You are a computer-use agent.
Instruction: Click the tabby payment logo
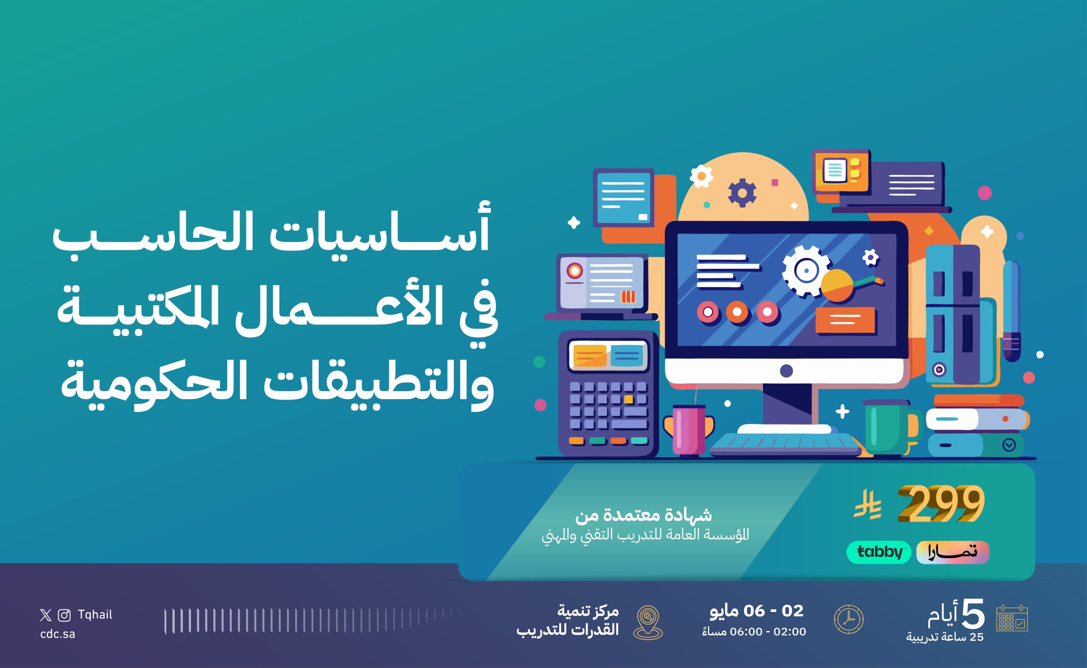pyautogui.click(x=879, y=552)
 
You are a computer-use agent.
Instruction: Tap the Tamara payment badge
pyautogui.click(x=953, y=552)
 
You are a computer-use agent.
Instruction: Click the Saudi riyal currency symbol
pyautogui.click(x=867, y=505)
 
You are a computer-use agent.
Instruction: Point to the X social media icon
pyautogui.click(x=45, y=615)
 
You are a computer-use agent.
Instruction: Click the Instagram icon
pyautogui.click(x=65, y=615)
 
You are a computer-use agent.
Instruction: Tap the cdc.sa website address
pyautogui.click(x=57, y=634)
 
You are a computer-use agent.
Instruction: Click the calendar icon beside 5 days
pyautogui.click(x=1012, y=618)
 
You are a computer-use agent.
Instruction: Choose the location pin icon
pyautogui.click(x=648, y=623)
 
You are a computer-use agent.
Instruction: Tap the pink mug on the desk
pyautogui.click(x=689, y=430)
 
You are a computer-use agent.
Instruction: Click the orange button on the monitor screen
pyautogui.click(x=845, y=320)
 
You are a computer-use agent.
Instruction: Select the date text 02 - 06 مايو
pyautogui.click(x=757, y=611)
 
